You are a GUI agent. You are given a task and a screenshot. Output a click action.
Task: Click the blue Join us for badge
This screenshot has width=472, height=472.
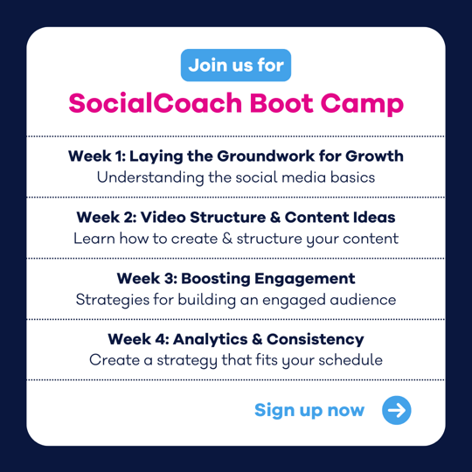pos(236,66)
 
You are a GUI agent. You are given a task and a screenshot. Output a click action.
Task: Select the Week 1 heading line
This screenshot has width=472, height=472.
pos(236,156)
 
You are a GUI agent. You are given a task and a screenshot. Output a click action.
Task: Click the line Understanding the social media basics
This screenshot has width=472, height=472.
pos(236,177)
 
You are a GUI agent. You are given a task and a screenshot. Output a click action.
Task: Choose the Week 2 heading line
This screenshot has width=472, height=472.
pos(236,217)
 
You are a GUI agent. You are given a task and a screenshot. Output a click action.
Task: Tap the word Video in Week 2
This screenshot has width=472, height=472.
pos(174,217)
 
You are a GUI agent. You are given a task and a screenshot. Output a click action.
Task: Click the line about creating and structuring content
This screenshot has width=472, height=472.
pos(236,238)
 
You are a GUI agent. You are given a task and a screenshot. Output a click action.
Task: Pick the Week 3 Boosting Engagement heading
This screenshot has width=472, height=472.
pos(236,279)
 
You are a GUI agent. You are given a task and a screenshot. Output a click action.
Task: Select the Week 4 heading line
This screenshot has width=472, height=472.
pos(236,338)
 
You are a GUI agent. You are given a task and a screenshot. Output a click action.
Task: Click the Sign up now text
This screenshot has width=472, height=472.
pos(309,410)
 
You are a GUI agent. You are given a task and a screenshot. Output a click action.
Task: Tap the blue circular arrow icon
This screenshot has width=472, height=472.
pos(397,410)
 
